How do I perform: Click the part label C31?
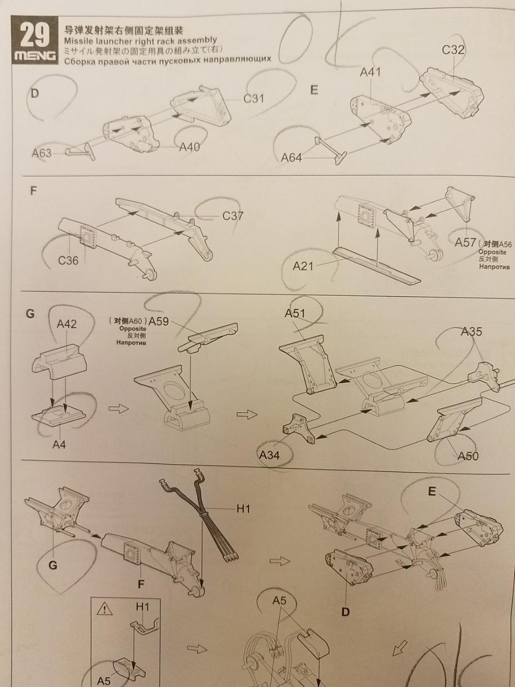point(254,99)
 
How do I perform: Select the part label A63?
point(42,153)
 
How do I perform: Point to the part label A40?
point(189,147)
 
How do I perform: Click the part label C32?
point(453,49)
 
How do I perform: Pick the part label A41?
point(371,72)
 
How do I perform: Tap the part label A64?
point(291,158)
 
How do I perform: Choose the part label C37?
point(233,216)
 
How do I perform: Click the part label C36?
point(69,260)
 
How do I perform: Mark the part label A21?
point(303,266)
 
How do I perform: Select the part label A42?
point(67,324)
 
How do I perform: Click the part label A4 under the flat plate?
point(59,444)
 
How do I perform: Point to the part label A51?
point(295,313)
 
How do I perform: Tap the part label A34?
point(269,455)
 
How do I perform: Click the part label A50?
point(468,456)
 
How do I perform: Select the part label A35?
point(472,332)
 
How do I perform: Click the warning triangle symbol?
point(105,609)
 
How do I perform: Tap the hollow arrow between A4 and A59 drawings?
point(119,409)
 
